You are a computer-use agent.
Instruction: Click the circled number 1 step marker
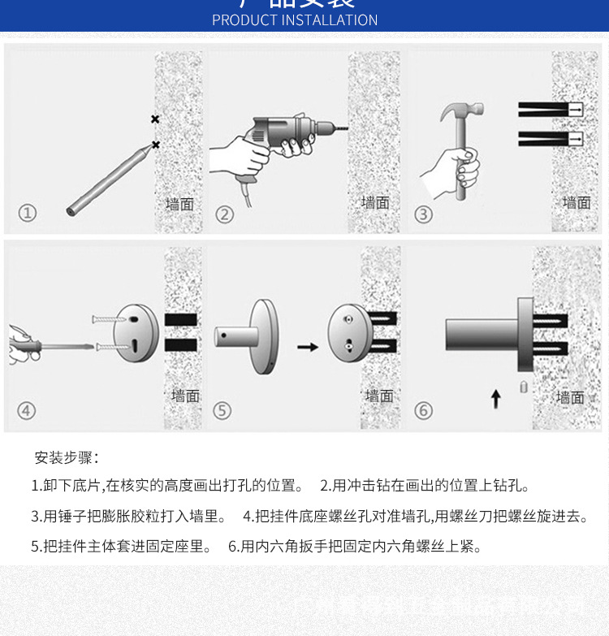coord(28,214)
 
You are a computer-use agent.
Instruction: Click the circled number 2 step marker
coord(225,214)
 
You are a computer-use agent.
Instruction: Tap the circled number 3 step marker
coord(424,214)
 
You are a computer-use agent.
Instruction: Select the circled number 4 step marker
coord(28,409)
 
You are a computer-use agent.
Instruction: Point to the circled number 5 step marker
coord(222,410)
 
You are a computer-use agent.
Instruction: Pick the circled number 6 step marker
coord(423,410)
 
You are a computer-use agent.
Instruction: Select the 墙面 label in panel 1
coord(179,204)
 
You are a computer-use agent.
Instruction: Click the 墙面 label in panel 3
coord(577,202)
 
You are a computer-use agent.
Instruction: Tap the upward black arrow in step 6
coord(496,398)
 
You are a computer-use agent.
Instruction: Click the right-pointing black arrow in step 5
coord(308,347)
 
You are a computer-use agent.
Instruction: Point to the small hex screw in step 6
coord(524,387)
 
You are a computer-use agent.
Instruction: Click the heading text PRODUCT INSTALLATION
coord(295,20)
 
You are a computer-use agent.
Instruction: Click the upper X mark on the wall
coord(155,119)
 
